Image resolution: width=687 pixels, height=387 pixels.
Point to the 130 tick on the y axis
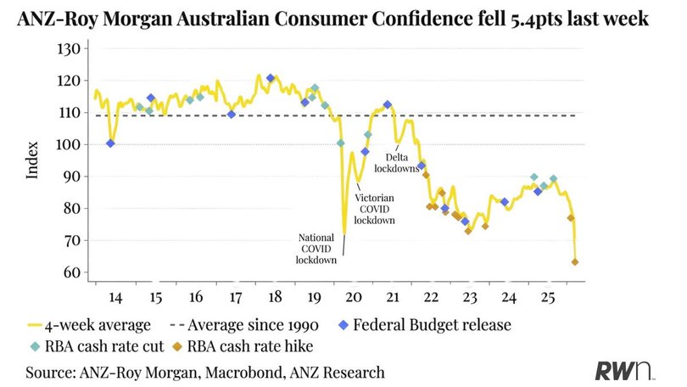pyautogui.click(x=68, y=49)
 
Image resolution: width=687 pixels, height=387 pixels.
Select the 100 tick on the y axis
pyautogui.click(x=68, y=145)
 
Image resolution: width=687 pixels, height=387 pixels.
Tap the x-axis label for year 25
pyautogui.click(x=549, y=298)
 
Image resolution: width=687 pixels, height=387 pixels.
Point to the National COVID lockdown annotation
pyautogui.click(x=317, y=248)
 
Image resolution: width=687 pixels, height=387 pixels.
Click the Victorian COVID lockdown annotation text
pyautogui.click(x=375, y=207)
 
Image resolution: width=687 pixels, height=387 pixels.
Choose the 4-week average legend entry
pyautogui.click(x=89, y=323)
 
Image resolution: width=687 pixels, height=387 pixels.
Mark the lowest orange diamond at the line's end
pyautogui.click(x=576, y=261)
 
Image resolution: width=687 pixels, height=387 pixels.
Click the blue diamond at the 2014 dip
pyautogui.click(x=111, y=143)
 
